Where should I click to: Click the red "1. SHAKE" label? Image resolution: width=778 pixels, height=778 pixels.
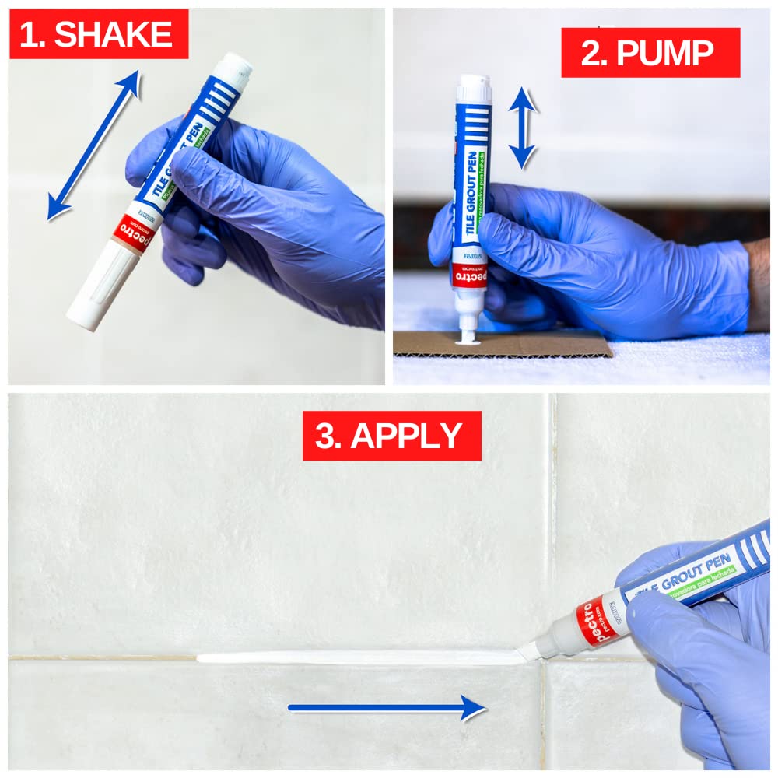pos(98,34)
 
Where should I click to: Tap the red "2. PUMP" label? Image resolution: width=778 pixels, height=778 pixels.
pos(650,53)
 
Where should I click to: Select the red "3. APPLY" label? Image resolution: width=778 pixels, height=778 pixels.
pos(391,436)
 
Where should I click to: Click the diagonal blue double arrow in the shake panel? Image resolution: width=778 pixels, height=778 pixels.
pos(93,145)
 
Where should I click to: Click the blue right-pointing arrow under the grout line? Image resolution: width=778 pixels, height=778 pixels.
pos(387,707)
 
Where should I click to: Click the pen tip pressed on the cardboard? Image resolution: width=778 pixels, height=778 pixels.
pos(467,333)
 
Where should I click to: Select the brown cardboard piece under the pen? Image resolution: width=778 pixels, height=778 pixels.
pos(537,344)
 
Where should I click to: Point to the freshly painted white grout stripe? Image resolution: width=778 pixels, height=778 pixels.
pos(358,657)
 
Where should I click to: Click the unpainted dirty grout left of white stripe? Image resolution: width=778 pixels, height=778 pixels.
pos(101,658)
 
